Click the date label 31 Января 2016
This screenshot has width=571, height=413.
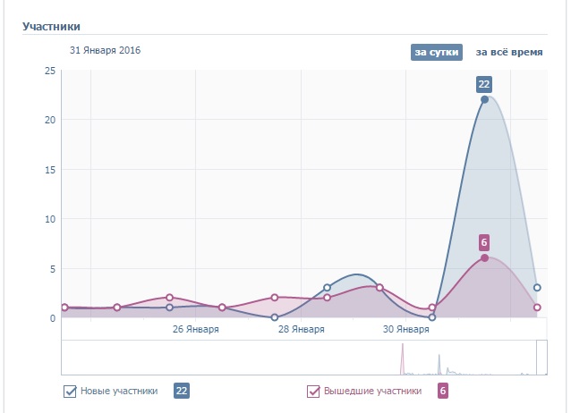(98, 50)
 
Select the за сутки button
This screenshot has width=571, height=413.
(436, 52)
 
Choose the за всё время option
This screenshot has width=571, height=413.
(508, 52)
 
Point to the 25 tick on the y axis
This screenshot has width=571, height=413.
(50, 72)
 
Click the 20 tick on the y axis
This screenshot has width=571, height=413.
(50, 121)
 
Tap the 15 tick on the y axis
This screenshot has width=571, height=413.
(50, 170)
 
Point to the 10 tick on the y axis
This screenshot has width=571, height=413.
(50, 219)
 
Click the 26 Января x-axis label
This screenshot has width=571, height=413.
(195, 329)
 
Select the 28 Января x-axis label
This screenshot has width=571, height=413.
(301, 329)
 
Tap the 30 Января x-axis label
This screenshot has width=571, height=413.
(405, 329)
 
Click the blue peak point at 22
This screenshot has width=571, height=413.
(484, 99)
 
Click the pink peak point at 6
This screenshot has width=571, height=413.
(484, 257)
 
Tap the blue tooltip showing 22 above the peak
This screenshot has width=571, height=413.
(484, 84)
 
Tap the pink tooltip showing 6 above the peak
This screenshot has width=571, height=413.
(484, 242)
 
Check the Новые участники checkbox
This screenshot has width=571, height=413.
(70, 391)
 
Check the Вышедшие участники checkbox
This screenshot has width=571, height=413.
(313, 391)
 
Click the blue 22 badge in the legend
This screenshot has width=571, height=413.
(182, 391)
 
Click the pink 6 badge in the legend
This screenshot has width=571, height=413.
(443, 391)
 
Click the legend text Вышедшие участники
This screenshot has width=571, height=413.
(372, 391)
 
